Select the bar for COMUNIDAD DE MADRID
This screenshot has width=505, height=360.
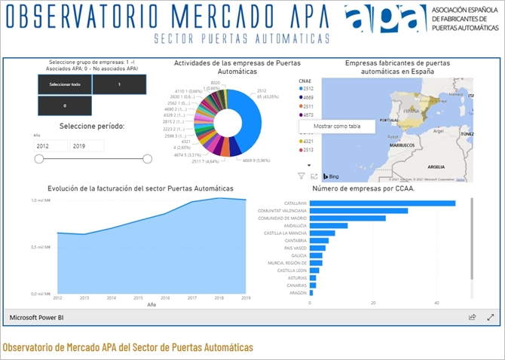(347, 218)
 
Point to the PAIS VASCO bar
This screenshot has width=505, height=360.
(317, 248)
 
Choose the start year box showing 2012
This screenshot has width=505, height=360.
(50, 146)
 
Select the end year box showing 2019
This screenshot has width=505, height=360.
(87, 146)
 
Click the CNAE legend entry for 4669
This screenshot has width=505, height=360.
(309, 97)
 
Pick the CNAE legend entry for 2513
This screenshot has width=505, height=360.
(309, 150)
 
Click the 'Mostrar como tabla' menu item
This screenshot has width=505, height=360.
(337, 127)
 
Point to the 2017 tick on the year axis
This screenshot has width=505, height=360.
(192, 298)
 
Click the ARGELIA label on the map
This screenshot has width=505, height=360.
(436, 166)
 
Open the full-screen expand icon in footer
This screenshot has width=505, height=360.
(491, 318)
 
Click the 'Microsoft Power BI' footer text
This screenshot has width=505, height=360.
(37, 318)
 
